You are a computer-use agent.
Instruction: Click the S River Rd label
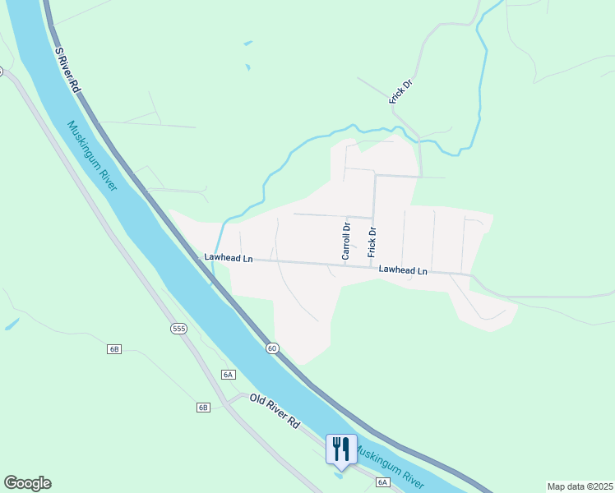click(x=68, y=69)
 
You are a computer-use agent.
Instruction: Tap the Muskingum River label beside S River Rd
click(x=93, y=154)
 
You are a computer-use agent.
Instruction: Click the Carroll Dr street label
click(x=346, y=239)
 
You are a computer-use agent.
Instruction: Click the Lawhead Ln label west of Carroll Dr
click(x=229, y=258)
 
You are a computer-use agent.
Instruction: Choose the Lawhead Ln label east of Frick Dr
click(x=403, y=270)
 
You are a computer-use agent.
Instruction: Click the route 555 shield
click(x=178, y=329)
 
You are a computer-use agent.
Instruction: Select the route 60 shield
click(x=272, y=348)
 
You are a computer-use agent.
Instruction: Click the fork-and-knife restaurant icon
click(x=341, y=449)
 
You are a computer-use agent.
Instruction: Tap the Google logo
click(x=27, y=483)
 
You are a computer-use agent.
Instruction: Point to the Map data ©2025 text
click(x=580, y=486)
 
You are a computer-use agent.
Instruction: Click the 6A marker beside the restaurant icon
click(x=382, y=482)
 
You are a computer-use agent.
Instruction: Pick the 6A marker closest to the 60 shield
click(x=229, y=375)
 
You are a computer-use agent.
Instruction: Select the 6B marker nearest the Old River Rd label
click(x=203, y=408)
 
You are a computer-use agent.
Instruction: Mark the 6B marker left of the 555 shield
click(x=114, y=349)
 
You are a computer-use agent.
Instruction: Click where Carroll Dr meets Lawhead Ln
click(x=344, y=265)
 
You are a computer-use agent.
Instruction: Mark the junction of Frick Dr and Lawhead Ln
click(x=373, y=266)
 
